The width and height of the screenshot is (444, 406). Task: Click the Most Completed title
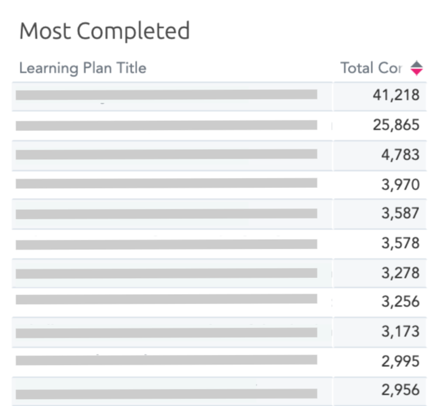coord(104,31)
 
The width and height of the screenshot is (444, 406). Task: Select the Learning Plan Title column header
coord(83,68)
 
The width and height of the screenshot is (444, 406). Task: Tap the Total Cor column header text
coord(371,68)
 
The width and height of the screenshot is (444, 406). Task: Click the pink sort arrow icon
coord(416,68)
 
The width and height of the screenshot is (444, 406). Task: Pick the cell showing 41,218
coord(396,96)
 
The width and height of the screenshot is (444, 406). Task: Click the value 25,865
coord(396,125)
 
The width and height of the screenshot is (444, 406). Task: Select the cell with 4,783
coord(400,155)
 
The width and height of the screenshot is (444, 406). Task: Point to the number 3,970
coord(400,185)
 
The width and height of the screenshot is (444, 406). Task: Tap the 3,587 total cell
coord(400,214)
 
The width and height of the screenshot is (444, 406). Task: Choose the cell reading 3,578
coord(400,243)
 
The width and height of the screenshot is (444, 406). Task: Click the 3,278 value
coord(400,273)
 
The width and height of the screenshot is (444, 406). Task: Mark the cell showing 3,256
coord(400,302)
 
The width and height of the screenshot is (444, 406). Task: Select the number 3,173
coord(400,331)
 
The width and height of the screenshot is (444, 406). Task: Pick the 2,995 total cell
coord(400,361)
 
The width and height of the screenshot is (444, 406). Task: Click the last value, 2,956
coord(400,390)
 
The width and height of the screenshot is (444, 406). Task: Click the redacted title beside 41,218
coord(166,95)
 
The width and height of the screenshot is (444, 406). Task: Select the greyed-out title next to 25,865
coord(166,125)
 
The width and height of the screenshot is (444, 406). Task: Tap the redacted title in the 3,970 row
coord(166,183)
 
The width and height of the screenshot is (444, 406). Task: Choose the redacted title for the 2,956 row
coord(166,394)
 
